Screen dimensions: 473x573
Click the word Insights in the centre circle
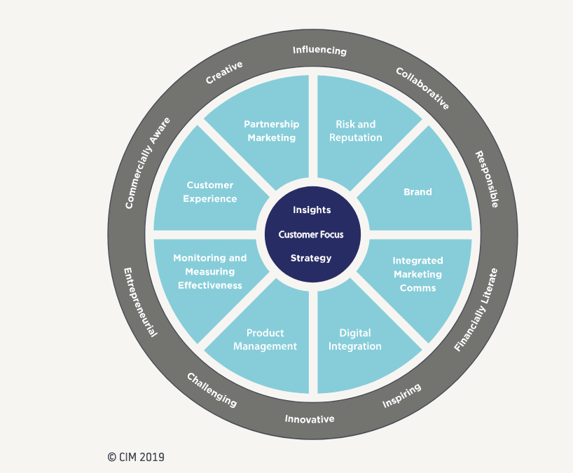312,210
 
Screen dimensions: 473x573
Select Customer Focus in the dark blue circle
311,234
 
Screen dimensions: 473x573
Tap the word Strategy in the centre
311,258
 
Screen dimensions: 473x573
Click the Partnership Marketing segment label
271,131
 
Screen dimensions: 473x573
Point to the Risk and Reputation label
355,131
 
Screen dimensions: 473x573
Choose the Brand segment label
417,192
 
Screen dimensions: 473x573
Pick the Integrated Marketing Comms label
417,274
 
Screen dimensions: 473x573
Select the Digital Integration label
355,340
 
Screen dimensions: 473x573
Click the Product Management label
265,340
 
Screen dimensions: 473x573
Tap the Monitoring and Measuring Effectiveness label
210,271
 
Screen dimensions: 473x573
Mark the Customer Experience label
209,192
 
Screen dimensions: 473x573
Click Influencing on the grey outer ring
319,50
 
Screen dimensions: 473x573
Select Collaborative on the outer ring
422,88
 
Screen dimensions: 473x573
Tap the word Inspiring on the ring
401,396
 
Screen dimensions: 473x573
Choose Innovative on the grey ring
309,419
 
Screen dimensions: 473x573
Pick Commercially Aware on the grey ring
147,163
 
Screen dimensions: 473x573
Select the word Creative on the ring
224,73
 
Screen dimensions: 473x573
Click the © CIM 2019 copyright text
136,457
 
